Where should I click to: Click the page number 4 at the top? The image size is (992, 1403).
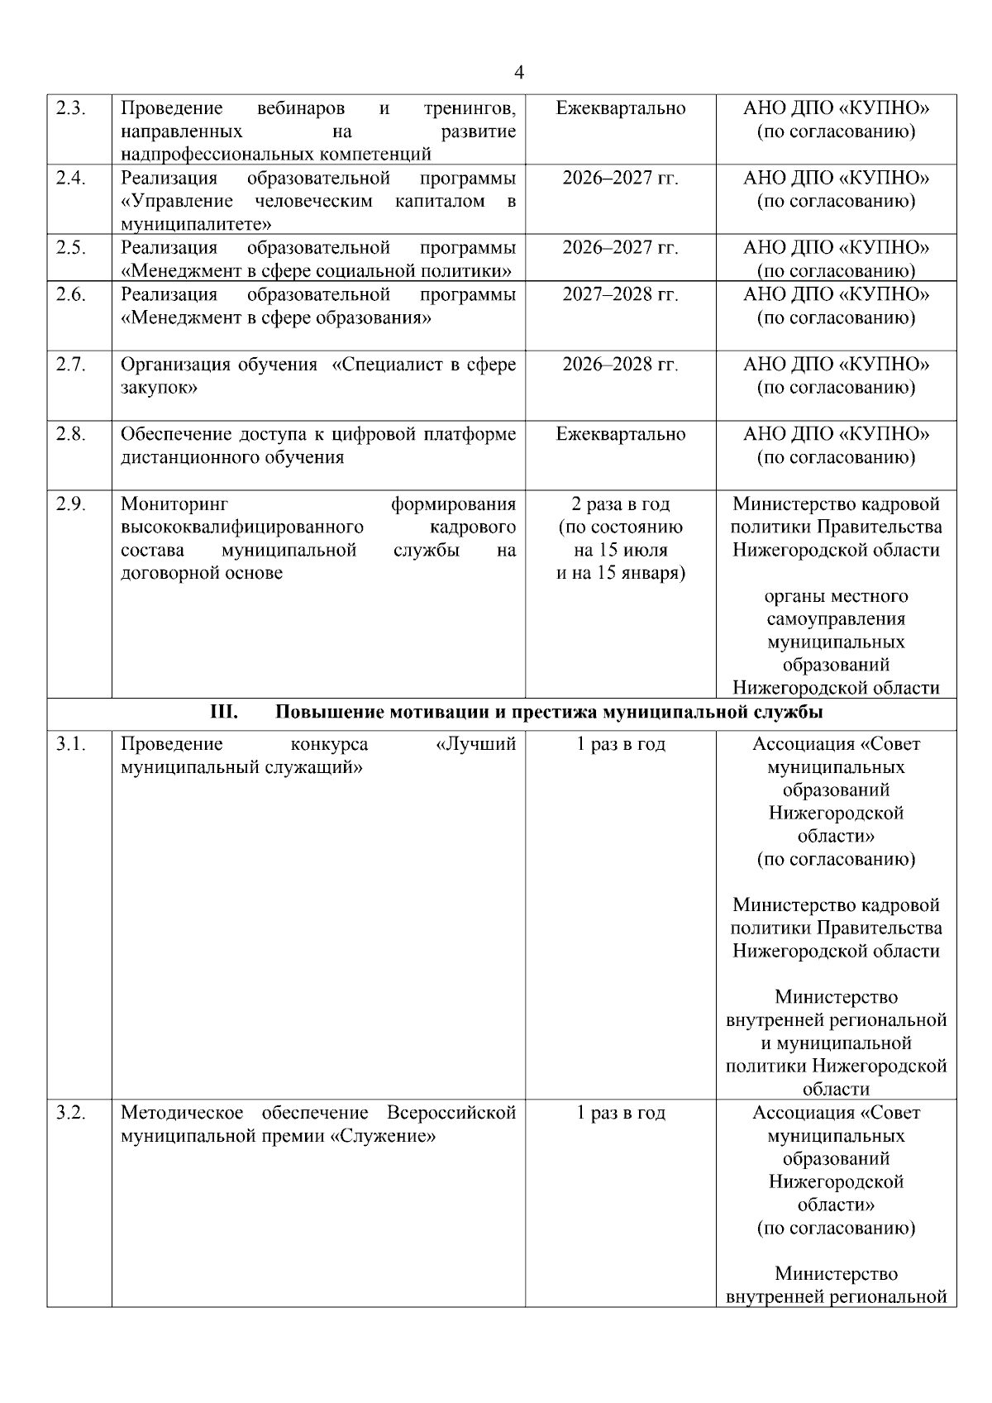518,74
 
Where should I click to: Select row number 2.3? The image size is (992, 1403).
71,108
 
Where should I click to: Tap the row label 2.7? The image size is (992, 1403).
71,365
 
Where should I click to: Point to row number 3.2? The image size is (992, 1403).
71,1113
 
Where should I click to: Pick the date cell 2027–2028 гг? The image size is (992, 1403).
620,295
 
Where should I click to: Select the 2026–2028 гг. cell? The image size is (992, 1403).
620,365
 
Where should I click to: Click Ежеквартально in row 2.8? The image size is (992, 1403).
620,434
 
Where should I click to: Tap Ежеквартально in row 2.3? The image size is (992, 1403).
620,108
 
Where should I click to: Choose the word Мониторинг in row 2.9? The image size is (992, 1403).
174,504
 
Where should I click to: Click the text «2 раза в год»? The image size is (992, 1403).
620,504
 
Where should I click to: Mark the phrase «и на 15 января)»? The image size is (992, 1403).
620,573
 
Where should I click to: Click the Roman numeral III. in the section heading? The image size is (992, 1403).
224,712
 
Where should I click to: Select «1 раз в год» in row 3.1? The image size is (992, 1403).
620,744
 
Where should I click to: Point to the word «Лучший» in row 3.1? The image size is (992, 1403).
475,744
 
